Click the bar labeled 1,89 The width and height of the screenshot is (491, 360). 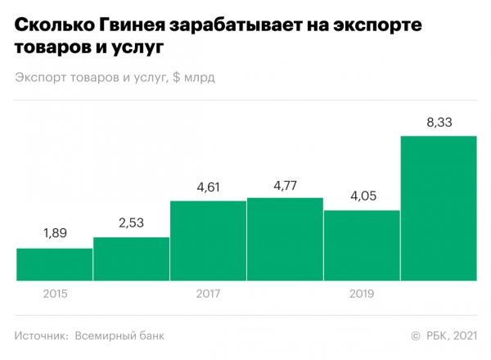coord(54,264)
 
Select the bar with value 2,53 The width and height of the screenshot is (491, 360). coord(131,259)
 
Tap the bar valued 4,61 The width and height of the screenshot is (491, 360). coord(208,241)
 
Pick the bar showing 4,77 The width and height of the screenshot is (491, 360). coord(285,239)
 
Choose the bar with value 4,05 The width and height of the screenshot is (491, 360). coord(362,245)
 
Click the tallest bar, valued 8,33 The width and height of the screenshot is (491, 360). coord(439,208)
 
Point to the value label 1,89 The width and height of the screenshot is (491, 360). coord(54,234)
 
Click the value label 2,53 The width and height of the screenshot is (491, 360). coord(131,223)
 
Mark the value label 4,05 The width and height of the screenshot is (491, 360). coord(362,196)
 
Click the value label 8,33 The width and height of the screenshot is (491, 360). coord(439,122)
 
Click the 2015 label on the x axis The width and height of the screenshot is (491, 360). coord(54,293)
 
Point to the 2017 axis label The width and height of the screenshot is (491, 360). coord(208,293)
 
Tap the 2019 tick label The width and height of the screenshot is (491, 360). coord(362,293)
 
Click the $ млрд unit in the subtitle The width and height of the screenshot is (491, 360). coord(199,78)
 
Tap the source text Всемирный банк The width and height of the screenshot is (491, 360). coord(119,335)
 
